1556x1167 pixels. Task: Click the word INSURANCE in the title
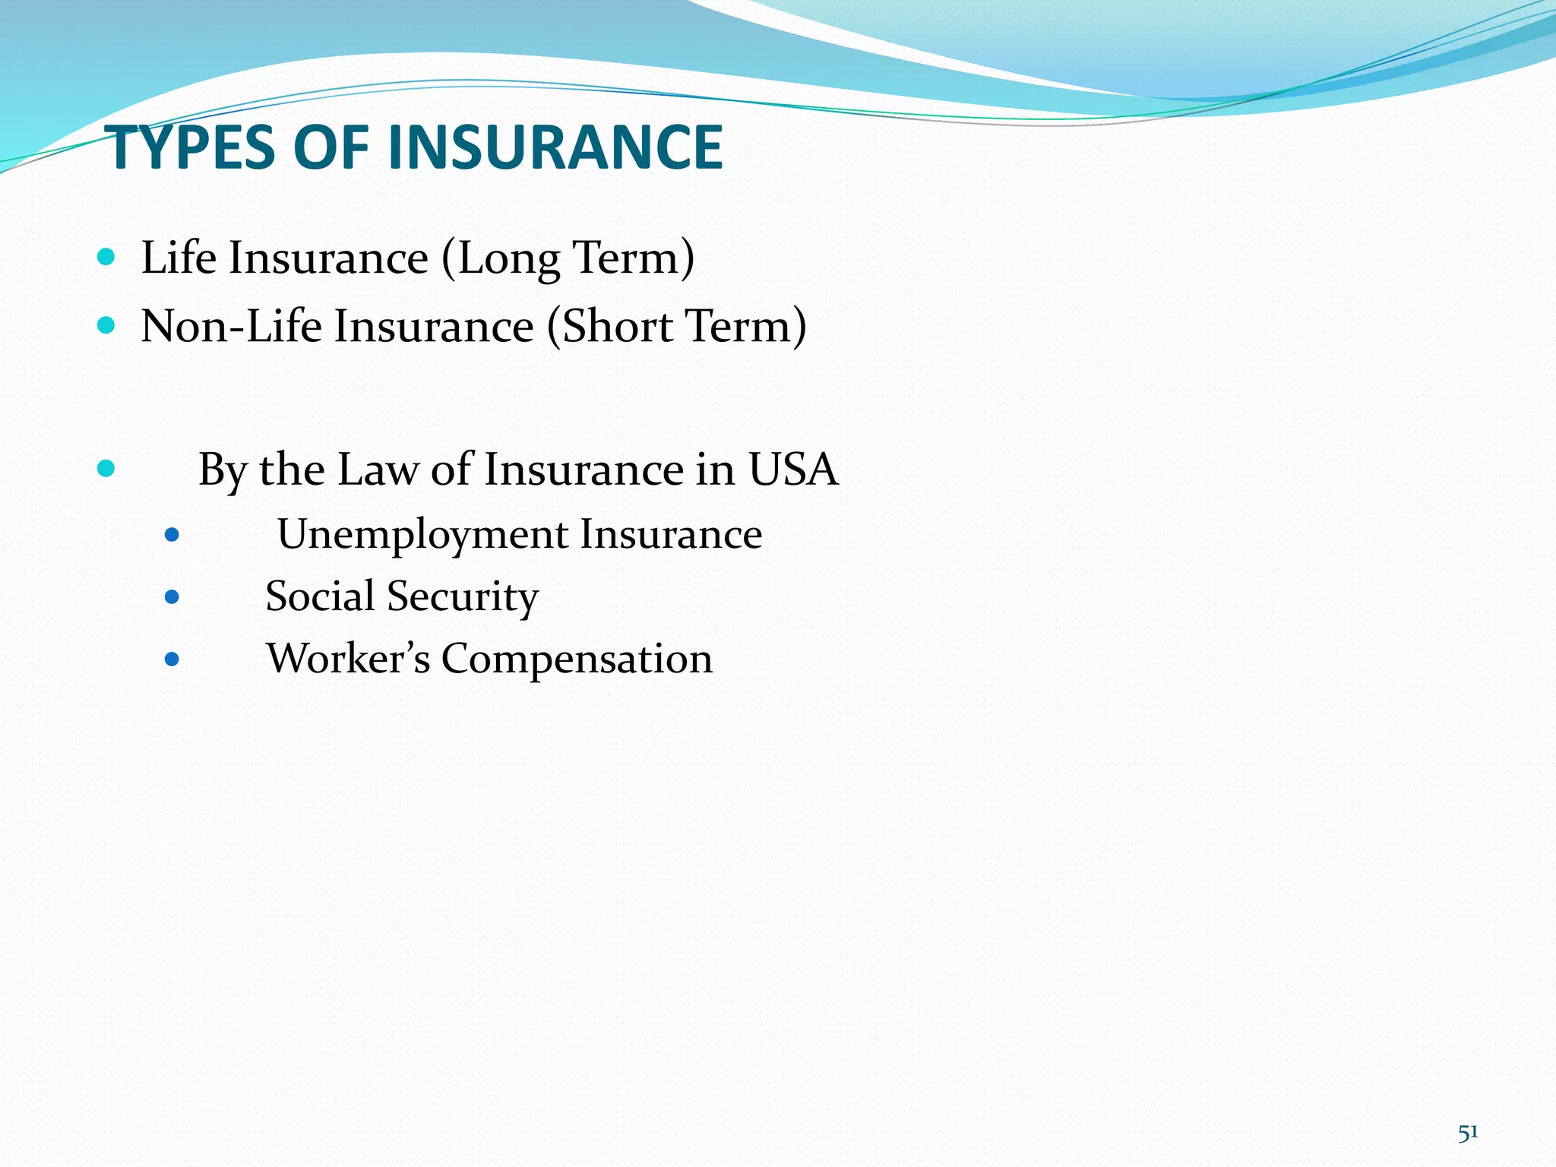point(555,148)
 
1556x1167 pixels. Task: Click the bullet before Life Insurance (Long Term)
point(106,258)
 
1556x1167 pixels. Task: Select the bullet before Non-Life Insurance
point(106,326)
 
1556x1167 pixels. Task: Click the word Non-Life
point(231,327)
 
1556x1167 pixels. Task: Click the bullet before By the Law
point(106,468)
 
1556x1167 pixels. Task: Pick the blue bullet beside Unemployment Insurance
point(172,535)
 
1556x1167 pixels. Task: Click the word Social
point(320,596)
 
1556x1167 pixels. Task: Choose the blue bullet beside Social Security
point(172,597)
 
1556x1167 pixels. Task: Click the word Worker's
point(348,659)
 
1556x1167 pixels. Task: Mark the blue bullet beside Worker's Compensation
point(172,659)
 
